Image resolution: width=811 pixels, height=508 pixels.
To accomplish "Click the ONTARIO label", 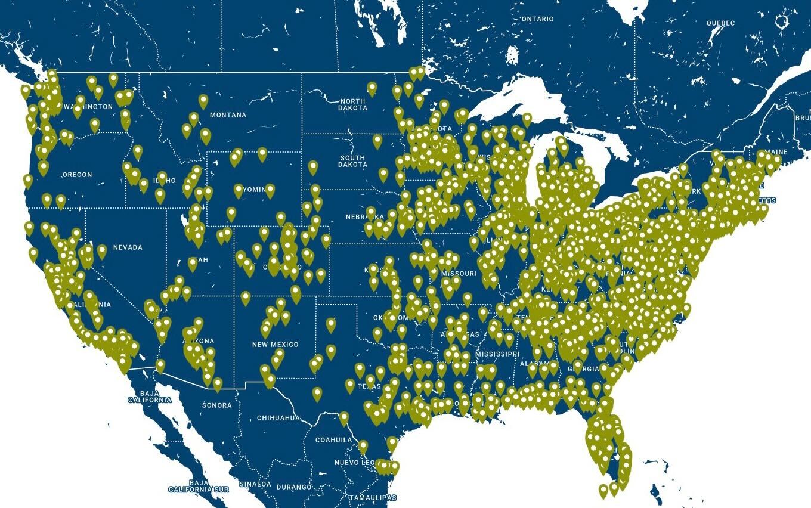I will click(537, 19).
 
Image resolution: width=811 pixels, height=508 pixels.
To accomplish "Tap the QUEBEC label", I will click(720, 23).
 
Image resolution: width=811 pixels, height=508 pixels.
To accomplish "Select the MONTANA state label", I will click(228, 115).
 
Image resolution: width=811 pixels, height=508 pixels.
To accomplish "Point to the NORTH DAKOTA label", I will click(352, 104).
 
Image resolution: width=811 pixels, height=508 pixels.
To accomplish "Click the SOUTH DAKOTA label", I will click(352, 161).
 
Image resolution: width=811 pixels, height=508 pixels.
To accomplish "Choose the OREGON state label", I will click(77, 175).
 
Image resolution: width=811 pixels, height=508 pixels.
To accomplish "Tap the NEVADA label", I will click(128, 247).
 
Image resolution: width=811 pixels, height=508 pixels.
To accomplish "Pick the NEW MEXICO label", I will click(275, 345).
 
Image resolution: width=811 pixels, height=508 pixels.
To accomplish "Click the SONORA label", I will click(216, 405).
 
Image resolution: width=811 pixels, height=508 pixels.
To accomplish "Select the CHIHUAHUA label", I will click(278, 418).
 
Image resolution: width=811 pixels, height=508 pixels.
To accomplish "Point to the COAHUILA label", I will click(333, 440).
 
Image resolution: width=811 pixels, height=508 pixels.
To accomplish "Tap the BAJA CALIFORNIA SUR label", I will click(199, 486).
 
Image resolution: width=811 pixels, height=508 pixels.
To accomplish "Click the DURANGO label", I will click(294, 487).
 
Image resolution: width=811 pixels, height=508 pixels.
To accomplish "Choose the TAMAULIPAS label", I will click(373, 497).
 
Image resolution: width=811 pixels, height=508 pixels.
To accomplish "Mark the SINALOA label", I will click(255, 484).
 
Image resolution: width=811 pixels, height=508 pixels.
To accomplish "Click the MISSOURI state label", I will click(459, 274).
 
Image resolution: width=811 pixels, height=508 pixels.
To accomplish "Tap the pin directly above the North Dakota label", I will click(372, 89).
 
